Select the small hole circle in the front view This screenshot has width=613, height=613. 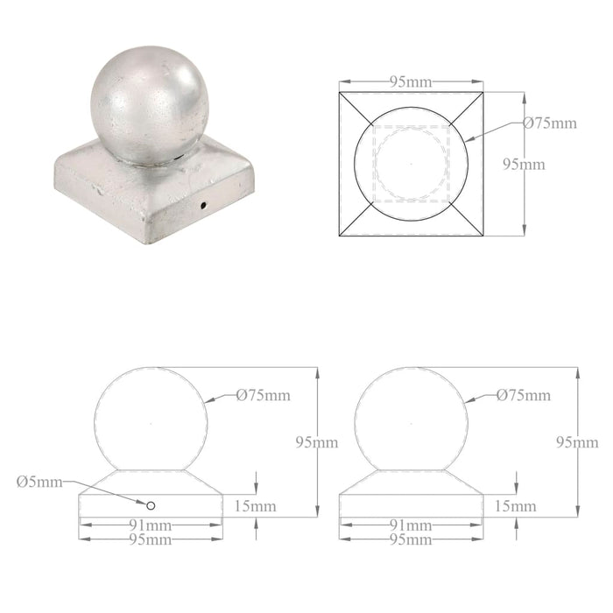click(x=151, y=505)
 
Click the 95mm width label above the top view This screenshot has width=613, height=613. click(x=410, y=81)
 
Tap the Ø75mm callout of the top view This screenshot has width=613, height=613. click(x=550, y=123)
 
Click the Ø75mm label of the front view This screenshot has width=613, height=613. click(x=263, y=395)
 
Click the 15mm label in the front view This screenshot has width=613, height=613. click(x=255, y=506)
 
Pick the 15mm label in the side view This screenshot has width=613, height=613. click(x=514, y=506)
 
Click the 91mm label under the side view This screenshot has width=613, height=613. click(x=410, y=526)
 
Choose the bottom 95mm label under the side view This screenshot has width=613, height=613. click(x=410, y=539)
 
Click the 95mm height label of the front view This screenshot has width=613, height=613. click(x=317, y=442)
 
